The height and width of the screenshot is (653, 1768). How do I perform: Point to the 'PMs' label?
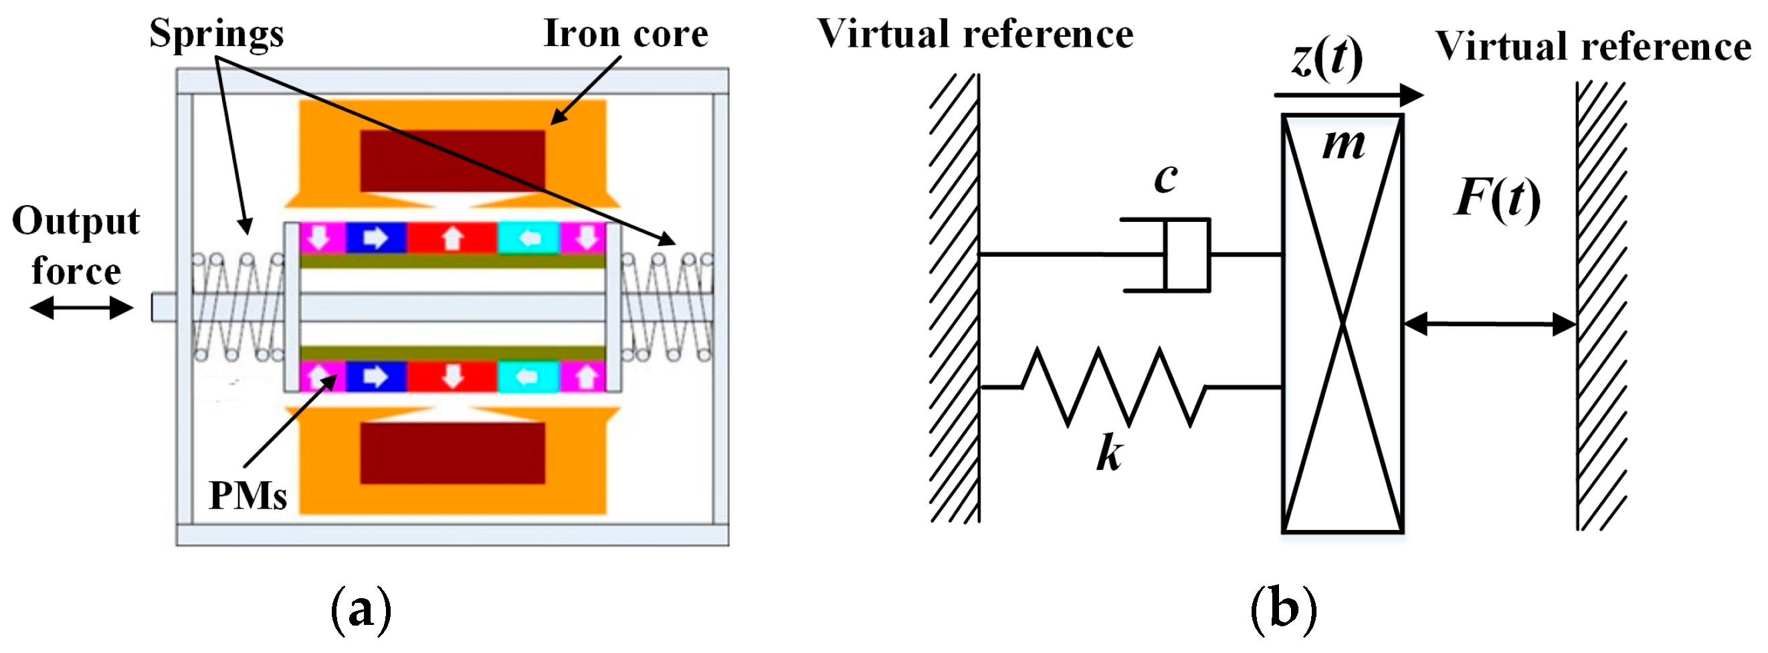pyautogui.click(x=248, y=495)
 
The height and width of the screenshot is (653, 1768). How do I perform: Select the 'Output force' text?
pyautogui.click(x=76, y=245)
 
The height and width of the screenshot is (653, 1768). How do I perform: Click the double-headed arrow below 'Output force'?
pyautogui.click(x=82, y=308)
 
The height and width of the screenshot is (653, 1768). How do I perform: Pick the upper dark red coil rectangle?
pyautogui.click(x=452, y=161)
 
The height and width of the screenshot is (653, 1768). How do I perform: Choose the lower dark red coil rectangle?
pyautogui.click(x=452, y=452)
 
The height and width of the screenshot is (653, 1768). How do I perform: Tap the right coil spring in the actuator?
pyautogui.click(x=666, y=308)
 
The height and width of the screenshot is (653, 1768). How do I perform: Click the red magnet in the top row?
pyautogui.click(x=452, y=238)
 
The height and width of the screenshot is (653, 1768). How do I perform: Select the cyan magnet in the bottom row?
pyautogui.click(x=528, y=377)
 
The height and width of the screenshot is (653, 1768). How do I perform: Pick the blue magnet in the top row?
pyautogui.click(x=375, y=238)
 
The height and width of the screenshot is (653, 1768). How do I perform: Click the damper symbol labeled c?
pyautogui.click(x=1186, y=255)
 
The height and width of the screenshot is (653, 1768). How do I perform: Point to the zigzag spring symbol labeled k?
pyautogui.click(x=1113, y=388)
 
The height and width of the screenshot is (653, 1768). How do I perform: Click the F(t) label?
pyautogui.click(x=1497, y=199)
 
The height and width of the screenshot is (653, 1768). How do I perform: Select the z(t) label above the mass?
pyautogui.click(x=1327, y=57)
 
